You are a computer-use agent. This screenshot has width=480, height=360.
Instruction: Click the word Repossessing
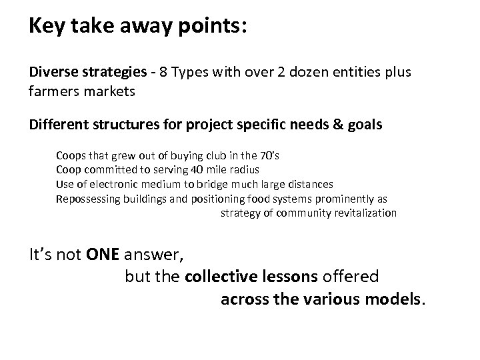coord(88,199)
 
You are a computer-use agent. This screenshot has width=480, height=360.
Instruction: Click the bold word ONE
coord(103,254)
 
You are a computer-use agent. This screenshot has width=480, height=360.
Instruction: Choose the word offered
coord(355,276)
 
